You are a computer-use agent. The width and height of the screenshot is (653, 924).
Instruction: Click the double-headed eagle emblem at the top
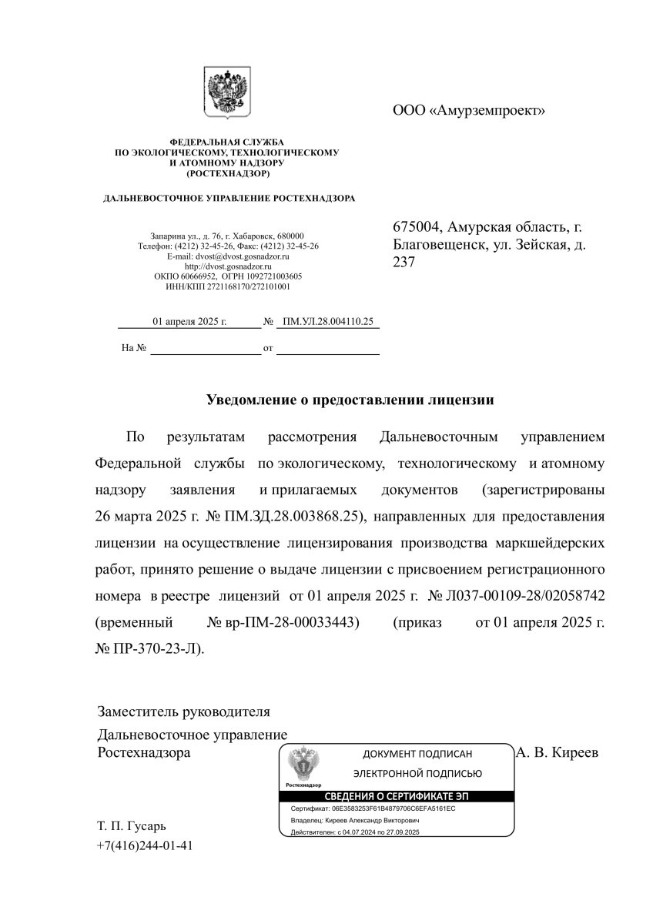[x=227, y=93]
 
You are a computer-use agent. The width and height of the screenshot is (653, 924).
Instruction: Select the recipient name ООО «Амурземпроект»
[x=468, y=110]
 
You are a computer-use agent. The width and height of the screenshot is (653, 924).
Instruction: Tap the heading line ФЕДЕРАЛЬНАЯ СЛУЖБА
[x=226, y=142]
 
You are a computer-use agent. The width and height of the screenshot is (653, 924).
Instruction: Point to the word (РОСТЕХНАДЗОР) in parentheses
[x=226, y=173]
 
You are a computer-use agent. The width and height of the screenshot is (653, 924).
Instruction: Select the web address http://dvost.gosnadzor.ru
[x=227, y=266]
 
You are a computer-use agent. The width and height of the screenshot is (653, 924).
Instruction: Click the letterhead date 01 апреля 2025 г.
[x=189, y=322]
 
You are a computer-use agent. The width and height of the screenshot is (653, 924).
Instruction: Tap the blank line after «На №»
[x=206, y=348]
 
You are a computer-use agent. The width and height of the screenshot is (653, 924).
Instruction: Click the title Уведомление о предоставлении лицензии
[x=350, y=400]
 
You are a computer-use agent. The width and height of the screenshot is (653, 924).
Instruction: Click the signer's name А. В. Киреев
[x=557, y=752]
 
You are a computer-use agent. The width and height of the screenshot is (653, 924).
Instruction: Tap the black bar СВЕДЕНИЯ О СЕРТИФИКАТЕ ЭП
[x=395, y=796]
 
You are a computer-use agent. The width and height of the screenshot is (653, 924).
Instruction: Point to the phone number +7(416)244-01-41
[x=145, y=845]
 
